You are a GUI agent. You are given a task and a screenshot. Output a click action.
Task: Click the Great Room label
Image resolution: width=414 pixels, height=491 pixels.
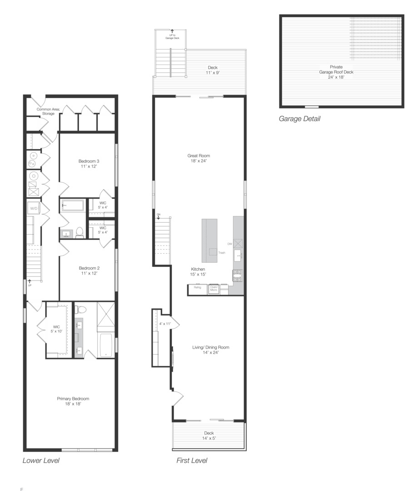pos(199,158)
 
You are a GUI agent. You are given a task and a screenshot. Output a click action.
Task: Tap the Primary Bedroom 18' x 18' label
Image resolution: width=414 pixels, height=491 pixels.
pos(69,401)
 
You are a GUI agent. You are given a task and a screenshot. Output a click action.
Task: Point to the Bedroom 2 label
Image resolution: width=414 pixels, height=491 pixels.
pos(88,271)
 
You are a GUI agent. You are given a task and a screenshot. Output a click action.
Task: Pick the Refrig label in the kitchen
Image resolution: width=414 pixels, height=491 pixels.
pos(198,287)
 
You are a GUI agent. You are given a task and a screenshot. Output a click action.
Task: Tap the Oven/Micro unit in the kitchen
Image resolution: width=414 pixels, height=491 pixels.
pos(214,288)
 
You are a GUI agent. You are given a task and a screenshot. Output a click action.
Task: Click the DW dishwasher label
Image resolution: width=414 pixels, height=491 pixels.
pos(230,244)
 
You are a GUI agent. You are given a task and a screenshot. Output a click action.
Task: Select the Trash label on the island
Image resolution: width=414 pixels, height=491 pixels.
pos(222,253)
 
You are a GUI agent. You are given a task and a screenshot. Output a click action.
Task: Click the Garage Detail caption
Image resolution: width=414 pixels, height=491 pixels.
pos(299,119)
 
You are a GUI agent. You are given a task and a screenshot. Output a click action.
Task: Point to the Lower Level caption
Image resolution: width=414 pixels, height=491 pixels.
pos(41,461)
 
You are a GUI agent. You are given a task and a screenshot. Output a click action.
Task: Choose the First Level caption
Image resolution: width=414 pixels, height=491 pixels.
pos(192,461)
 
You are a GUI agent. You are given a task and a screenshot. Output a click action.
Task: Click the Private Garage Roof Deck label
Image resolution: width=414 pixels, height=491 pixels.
pos(336,72)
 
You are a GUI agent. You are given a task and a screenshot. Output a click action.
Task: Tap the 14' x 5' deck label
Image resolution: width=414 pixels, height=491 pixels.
pos(209,436)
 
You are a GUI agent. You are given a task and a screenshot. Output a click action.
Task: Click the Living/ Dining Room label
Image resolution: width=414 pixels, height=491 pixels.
pos(210,350)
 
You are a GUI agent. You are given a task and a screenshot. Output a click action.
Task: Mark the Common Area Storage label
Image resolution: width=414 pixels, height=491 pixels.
pos(45,111)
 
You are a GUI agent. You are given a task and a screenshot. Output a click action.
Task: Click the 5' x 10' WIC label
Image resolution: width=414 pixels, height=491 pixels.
pos(56,328)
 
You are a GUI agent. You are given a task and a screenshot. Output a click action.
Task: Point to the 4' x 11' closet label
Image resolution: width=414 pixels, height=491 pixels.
pos(165,324)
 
